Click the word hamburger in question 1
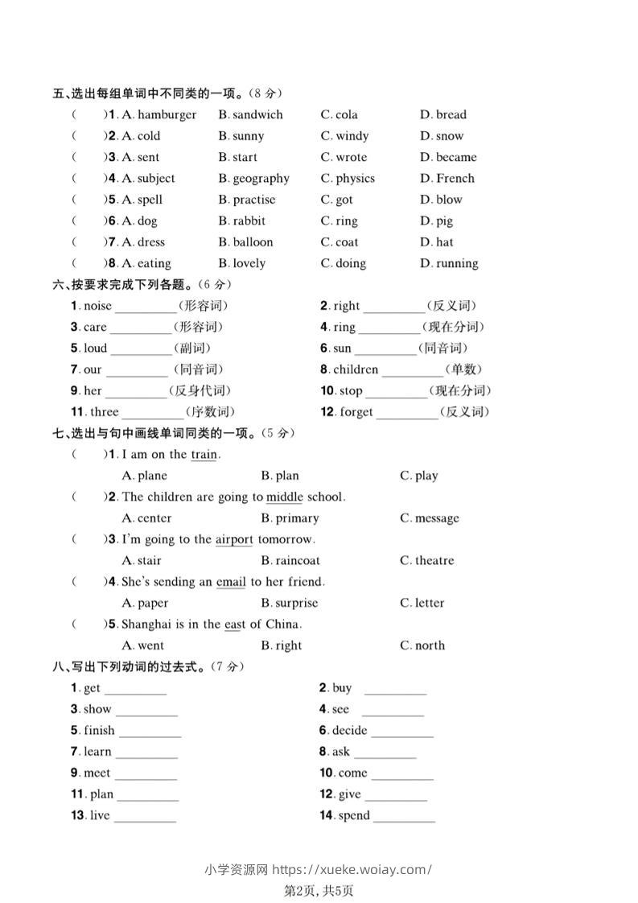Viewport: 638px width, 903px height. point(167,115)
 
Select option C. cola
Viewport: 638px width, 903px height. point(340,115)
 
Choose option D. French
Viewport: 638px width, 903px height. point(447,179)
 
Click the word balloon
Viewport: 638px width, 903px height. point(253,242)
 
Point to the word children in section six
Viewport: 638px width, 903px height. point(356,370)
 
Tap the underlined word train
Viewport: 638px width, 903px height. point(204,455)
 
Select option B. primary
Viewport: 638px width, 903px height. point(290,518)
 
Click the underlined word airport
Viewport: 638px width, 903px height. point(234,539)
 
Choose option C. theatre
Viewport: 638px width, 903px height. point(427,561)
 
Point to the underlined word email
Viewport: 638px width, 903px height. point(231,582)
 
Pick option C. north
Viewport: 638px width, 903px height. point(422,645)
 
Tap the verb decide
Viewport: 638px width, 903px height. point(349,731)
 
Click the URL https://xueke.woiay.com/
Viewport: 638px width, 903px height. point(352,869)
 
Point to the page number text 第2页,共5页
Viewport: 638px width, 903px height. point(319,890)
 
